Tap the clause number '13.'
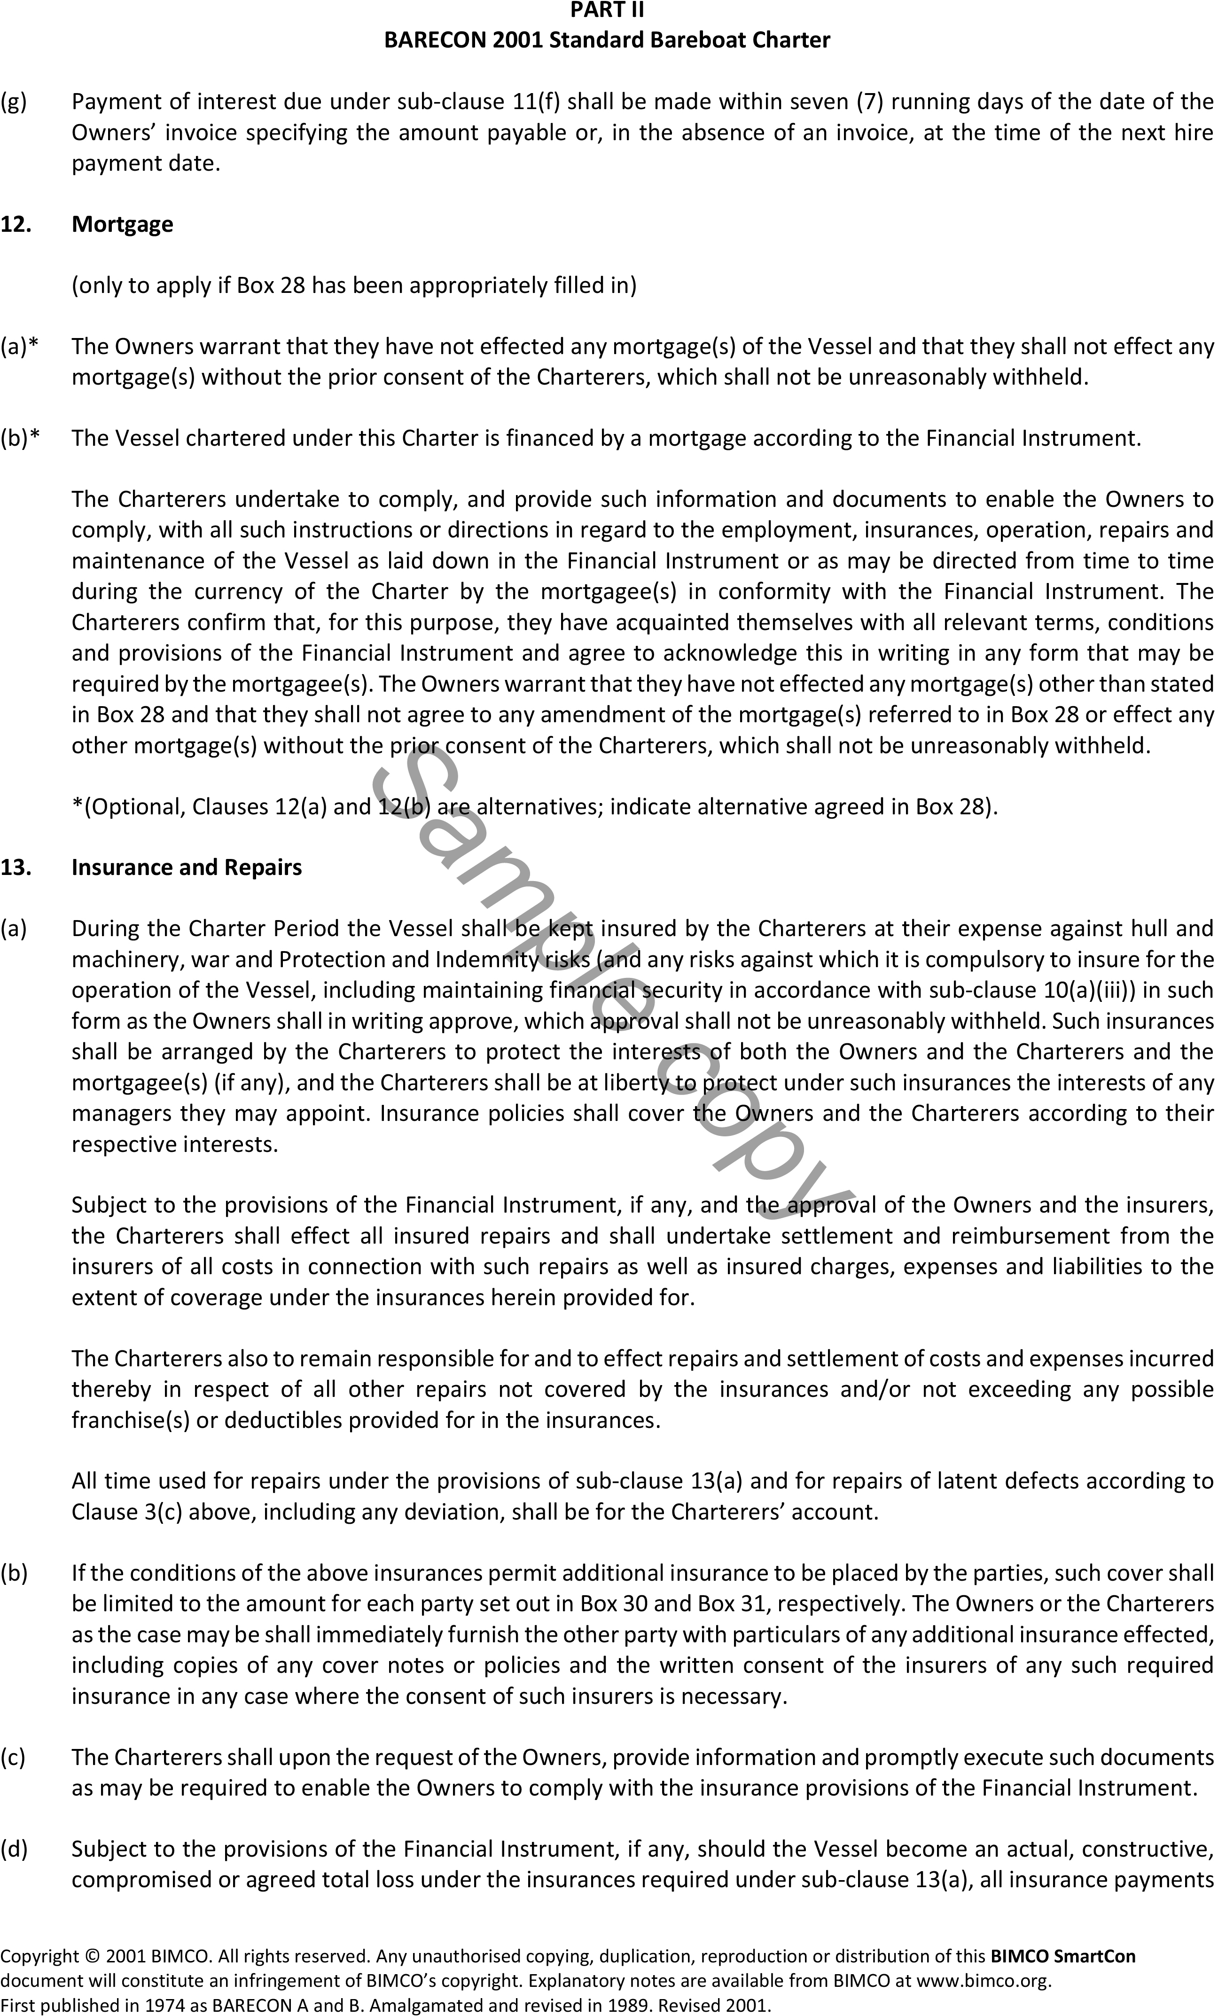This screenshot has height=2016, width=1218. click(16, 867)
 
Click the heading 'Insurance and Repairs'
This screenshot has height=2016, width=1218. click(187, 867)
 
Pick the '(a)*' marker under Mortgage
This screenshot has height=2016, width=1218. click(20, 346)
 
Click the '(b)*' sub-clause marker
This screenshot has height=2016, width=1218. click(20, 439)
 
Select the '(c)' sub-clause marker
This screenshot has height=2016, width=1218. click(13, 1756)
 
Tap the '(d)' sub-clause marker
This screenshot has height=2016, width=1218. click(14, 1849)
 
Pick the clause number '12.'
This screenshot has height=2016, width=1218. click(16, 224)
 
